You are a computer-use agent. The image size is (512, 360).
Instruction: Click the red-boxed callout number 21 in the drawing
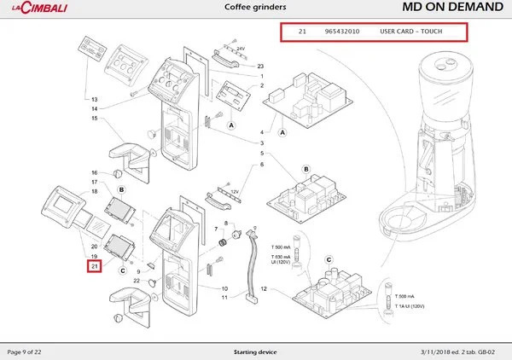click(x=95, y=268)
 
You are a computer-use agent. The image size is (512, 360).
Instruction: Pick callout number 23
click(x=260, y=66)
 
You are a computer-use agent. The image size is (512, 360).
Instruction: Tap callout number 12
click(x=263, y=290)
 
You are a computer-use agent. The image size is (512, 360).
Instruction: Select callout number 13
click(x=95, y=100)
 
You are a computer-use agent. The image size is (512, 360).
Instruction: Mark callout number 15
click(x=95, y=118)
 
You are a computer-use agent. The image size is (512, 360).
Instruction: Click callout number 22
click(x=137, y=281)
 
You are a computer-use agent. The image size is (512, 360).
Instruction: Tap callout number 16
click(x=95, y=172)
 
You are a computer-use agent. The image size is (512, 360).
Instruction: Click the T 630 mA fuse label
click(x=282, y=257)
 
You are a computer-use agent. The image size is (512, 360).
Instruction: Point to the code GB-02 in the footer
click(x=493, y=351)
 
